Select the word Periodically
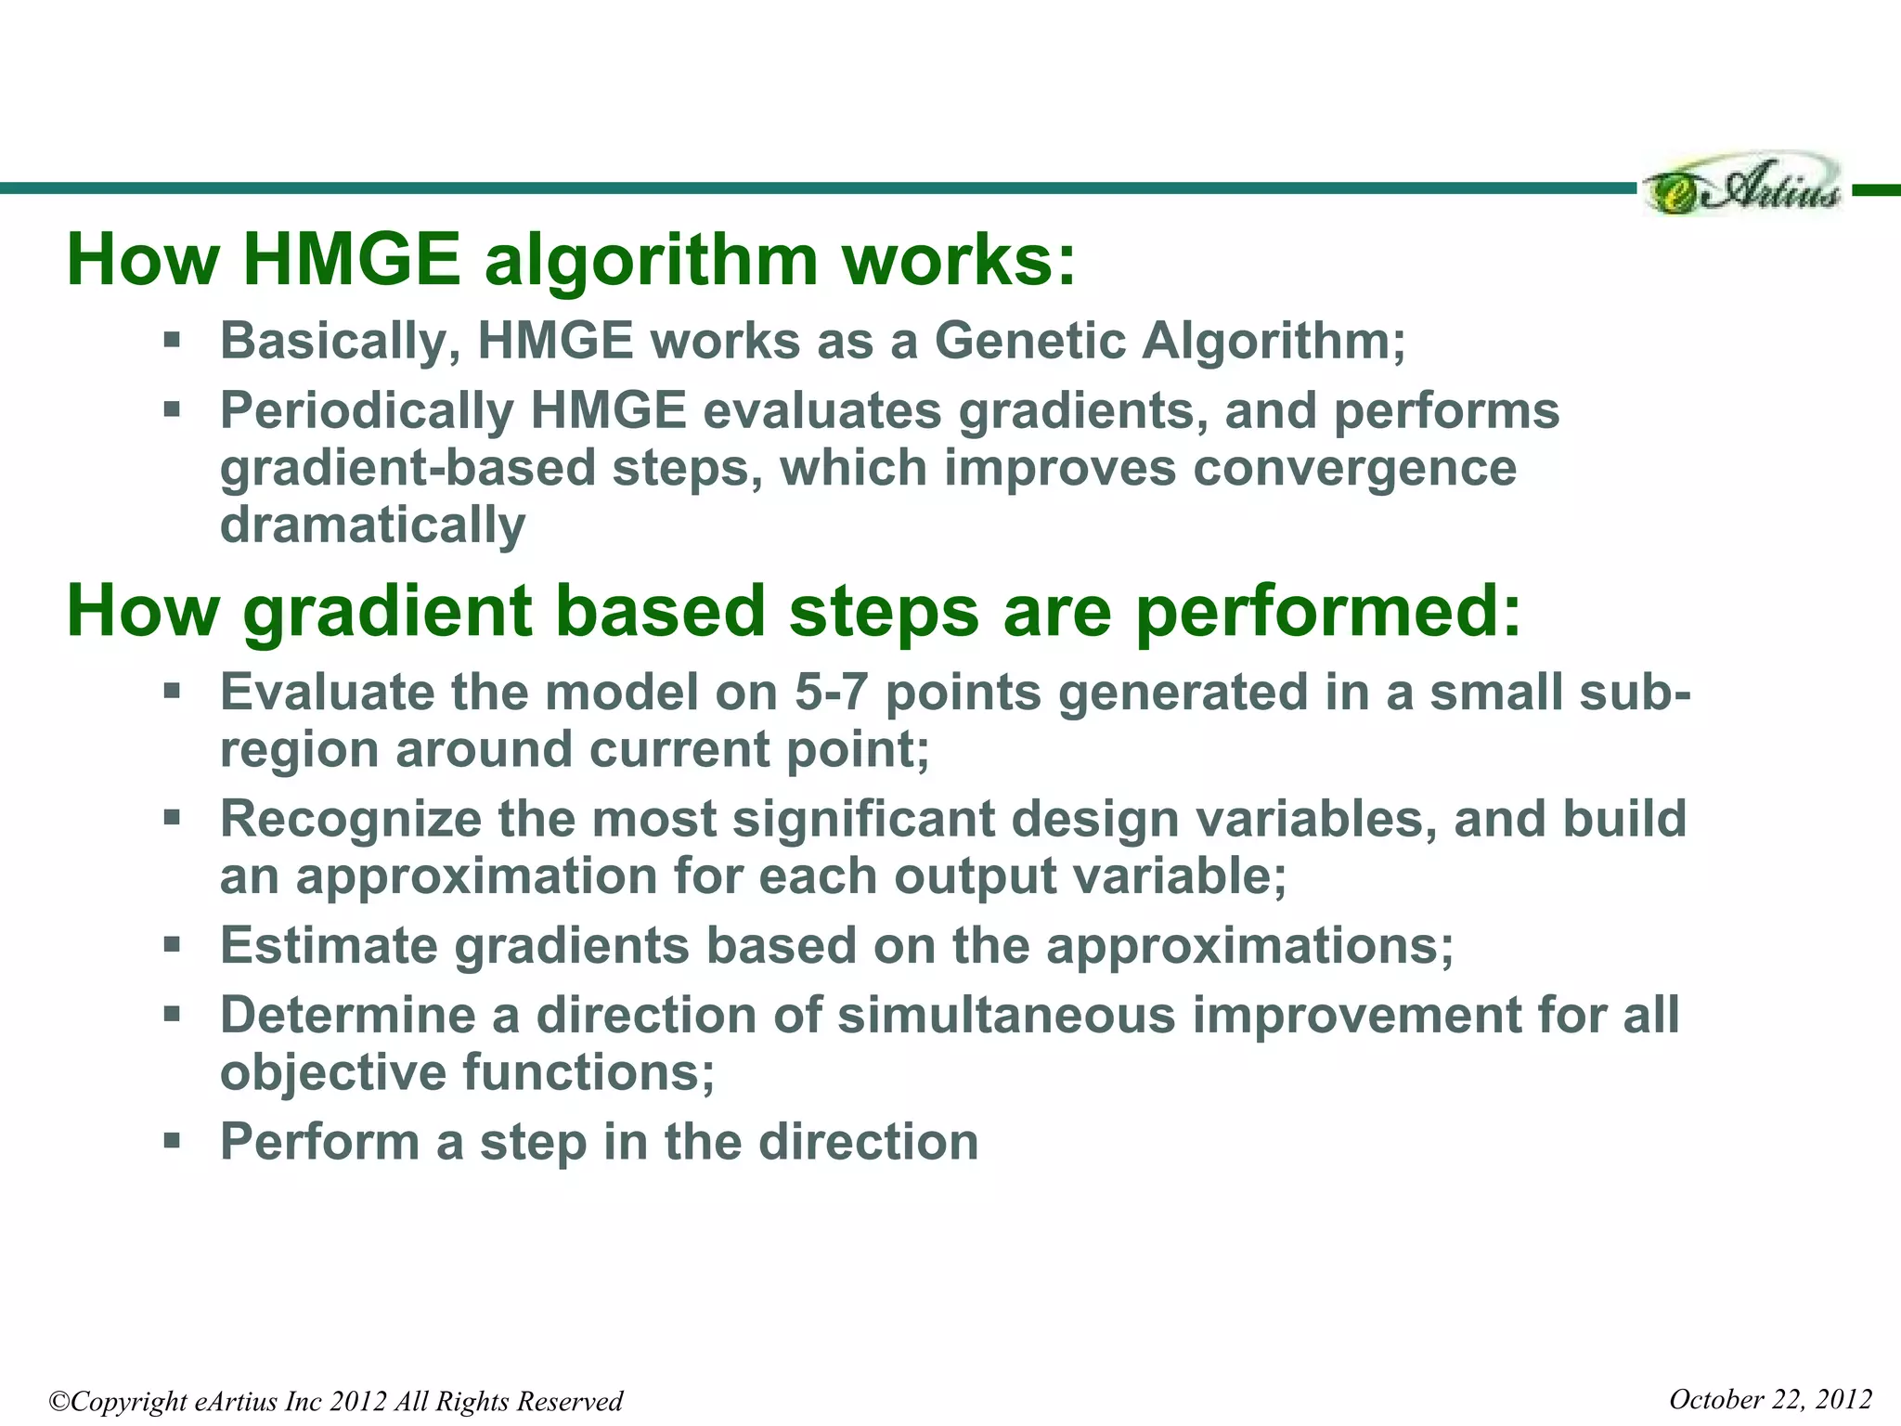point(367,411)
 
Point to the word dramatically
point(372,525)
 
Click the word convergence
point(1354,468)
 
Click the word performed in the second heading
point(1327,613)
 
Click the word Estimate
point(329,946)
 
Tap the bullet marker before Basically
point(172,339)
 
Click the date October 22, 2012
point(1769,1399)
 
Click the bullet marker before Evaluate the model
point(172,691)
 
